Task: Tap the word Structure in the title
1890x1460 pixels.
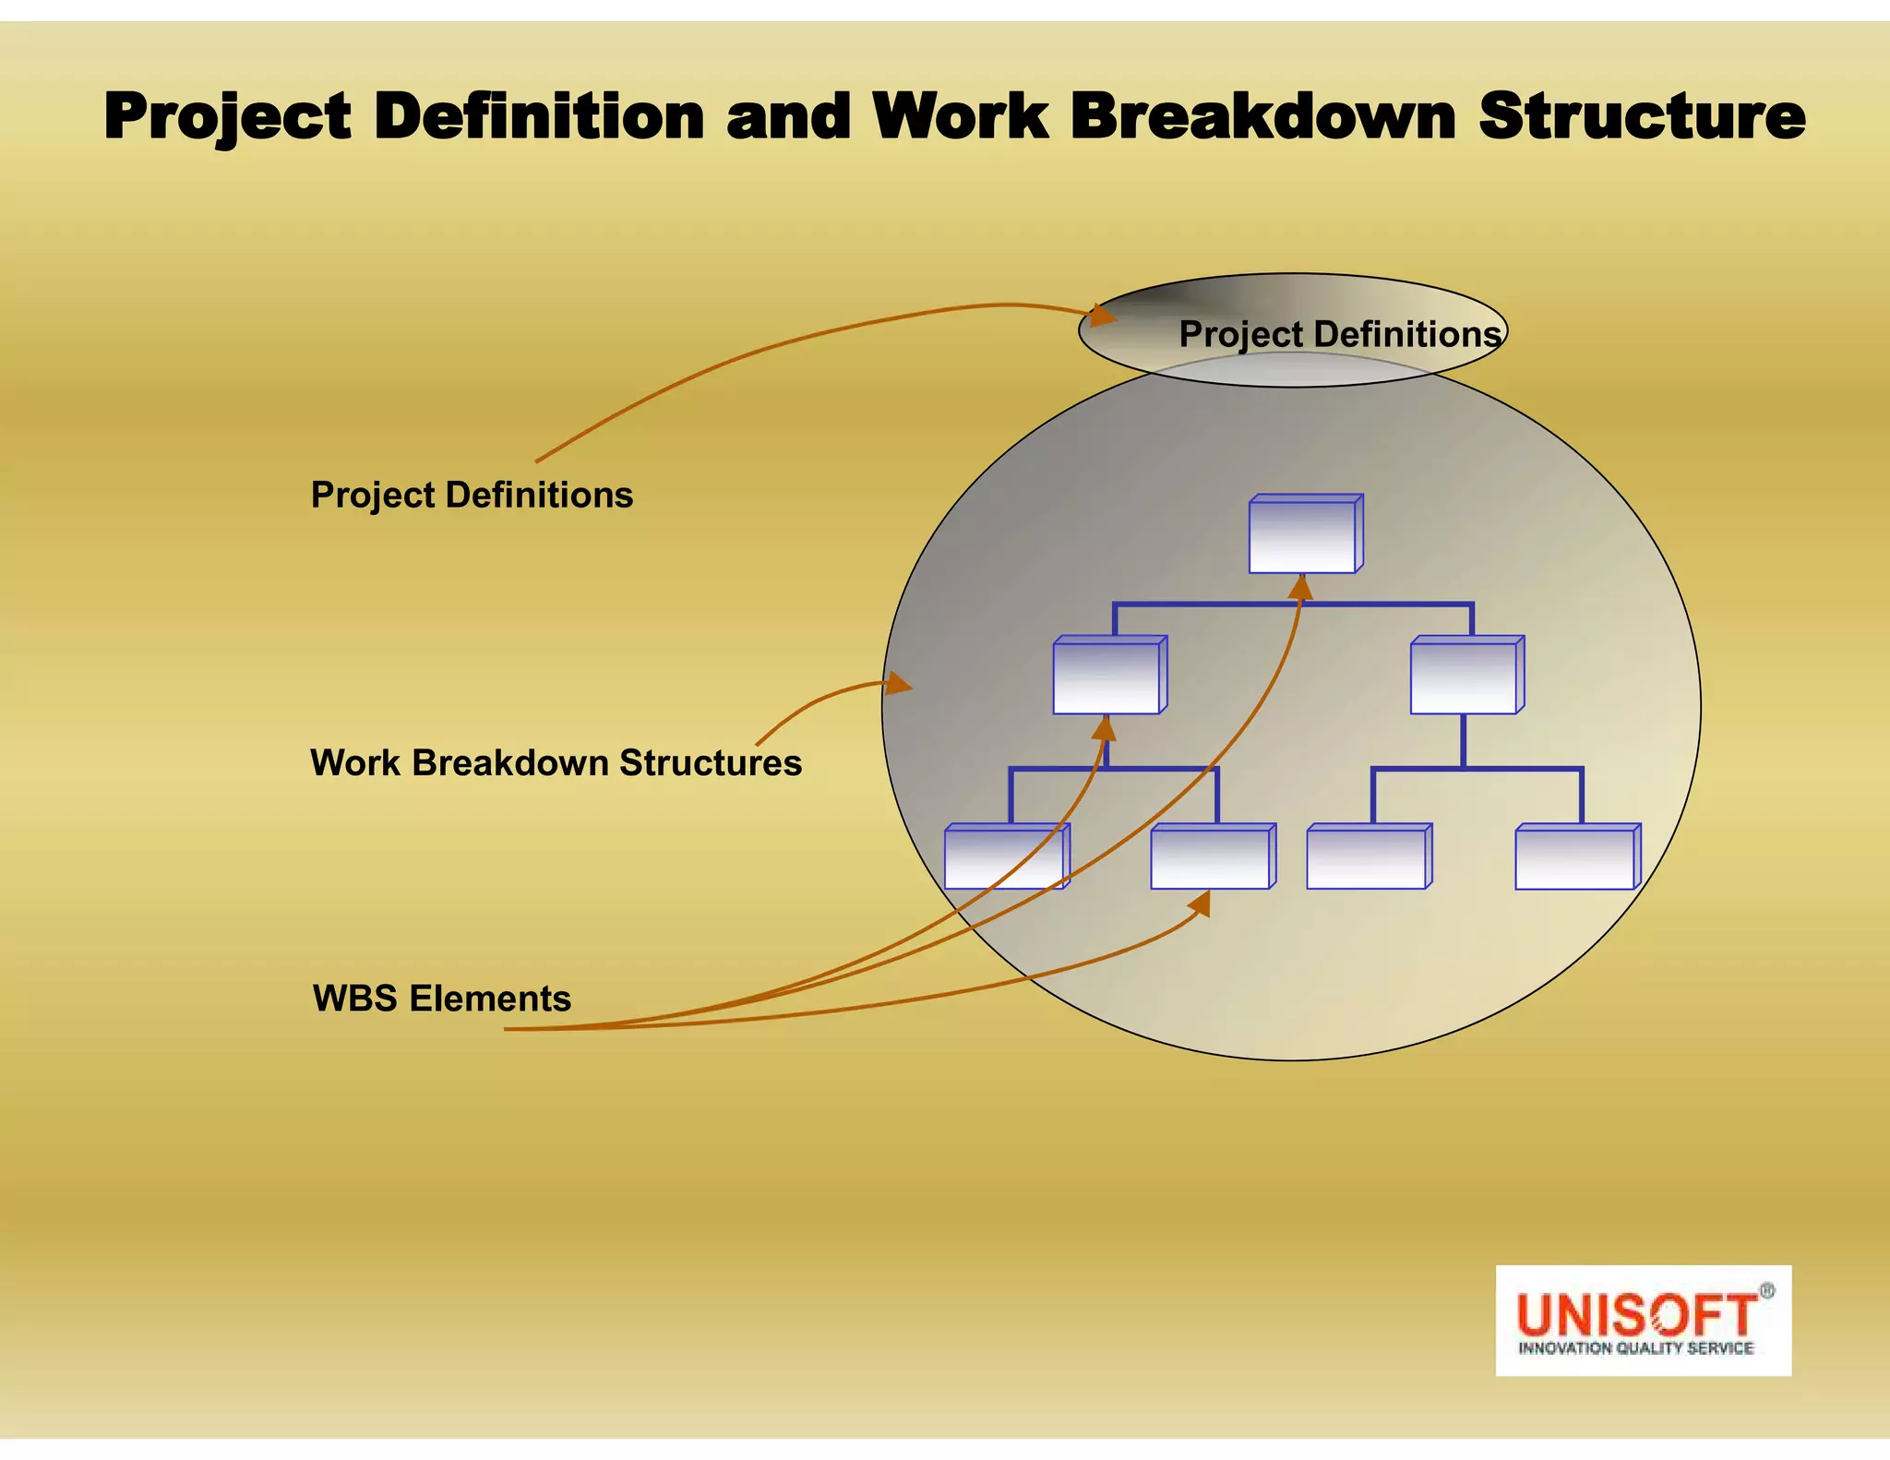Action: pyautogui.click(x=1642, y=117)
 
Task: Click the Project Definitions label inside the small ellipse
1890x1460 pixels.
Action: pyautogui.click(x=1340, y=334)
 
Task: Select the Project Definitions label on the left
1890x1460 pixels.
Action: pyautogui.click(x=472, y=496)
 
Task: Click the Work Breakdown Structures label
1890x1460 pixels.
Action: pyautogui.click(x=556, y=763)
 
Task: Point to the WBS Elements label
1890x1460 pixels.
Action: pyautogui.click(x=442, y=999)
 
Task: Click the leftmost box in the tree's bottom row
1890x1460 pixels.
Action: pyautogui.click(x=1005, y=858)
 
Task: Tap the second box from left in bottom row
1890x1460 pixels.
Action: pyautogui.click(x=1212, y=858)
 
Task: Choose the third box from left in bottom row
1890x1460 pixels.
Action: pyautogui.click(x=1368, y=858)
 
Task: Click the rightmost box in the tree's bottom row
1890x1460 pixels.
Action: pyautogui.click(x=1576, y=858)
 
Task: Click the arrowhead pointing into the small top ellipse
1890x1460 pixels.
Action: pyautogui.click(x=1102, y=316)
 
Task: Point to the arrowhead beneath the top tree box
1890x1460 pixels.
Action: pyautogui.click(x=1300, y=588)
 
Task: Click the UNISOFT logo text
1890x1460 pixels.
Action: pyautogui.click(x=1634, y=1314)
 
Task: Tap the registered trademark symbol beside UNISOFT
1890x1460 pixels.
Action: pyautogui.click(x=1766, y=1291)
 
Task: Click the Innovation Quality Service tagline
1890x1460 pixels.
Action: pyautogui.click(x=1635, y=1348)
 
